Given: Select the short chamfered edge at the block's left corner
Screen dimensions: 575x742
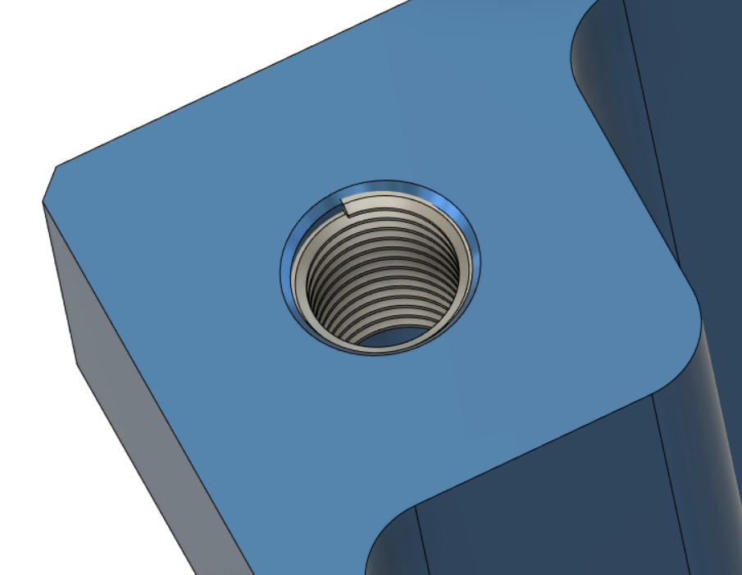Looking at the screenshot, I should [48, 184].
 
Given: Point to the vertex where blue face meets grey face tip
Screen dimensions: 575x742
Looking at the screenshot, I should [43, 201].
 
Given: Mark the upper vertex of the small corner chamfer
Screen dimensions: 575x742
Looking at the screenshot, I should [55, 167].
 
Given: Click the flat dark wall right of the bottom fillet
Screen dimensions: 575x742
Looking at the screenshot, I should [533, 509].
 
